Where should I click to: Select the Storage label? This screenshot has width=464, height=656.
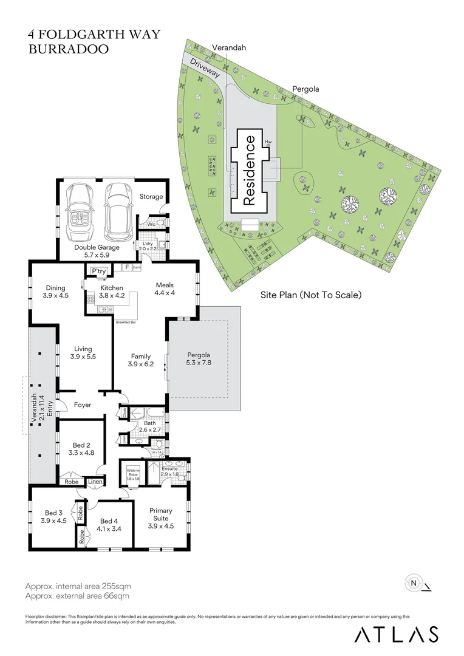pyautogui.click(x=151, y=196)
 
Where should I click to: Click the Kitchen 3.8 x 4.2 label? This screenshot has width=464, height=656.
pyautogui.click(x=112, y=292)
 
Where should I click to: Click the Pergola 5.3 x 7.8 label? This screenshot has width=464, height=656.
pyautogui.click(x=199, y=358)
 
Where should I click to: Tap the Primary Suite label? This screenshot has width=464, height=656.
pyautogui.click(x=161, y=515)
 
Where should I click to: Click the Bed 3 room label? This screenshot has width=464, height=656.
pyautogui.click(x=53, y=516)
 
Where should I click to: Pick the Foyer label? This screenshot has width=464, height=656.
pyautogui.click(x=83, y=405)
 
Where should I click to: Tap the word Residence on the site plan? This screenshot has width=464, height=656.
pyautogui.click(x=250, y=169)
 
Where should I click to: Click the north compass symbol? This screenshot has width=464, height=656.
pyautogui.click(x=414, y=583)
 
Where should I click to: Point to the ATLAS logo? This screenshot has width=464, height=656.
pyautogui.click(x=396, y=634)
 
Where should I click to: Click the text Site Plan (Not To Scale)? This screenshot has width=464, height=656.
pyautogui.click(x=311, y=295)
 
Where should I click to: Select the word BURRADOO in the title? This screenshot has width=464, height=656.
pyautogui.click(x=69, y=50)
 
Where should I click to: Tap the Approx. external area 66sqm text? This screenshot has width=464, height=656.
pyautogui.click(x=77, y=596)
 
